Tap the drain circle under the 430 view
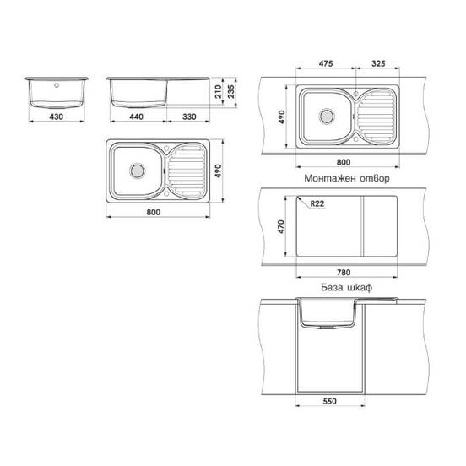point(134,168)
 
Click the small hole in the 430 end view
point(57,84)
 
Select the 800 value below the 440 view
point(154,212)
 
